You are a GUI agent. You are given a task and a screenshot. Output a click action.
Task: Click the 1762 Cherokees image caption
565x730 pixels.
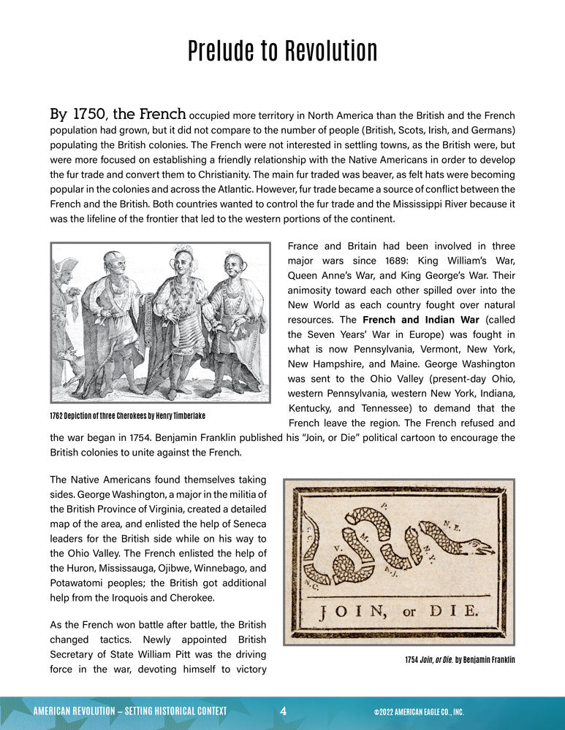click(x=128, y=415)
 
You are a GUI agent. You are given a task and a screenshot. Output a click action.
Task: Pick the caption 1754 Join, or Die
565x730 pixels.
click(x=460, y=659)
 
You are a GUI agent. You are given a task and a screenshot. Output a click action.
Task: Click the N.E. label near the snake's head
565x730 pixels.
click(x=451, y=524)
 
